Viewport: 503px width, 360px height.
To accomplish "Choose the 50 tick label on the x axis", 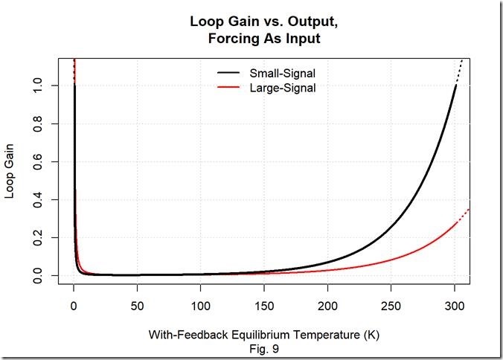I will click(x=137, y=306).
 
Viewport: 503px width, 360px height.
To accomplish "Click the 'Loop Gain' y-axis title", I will click(x=13, y=181).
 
